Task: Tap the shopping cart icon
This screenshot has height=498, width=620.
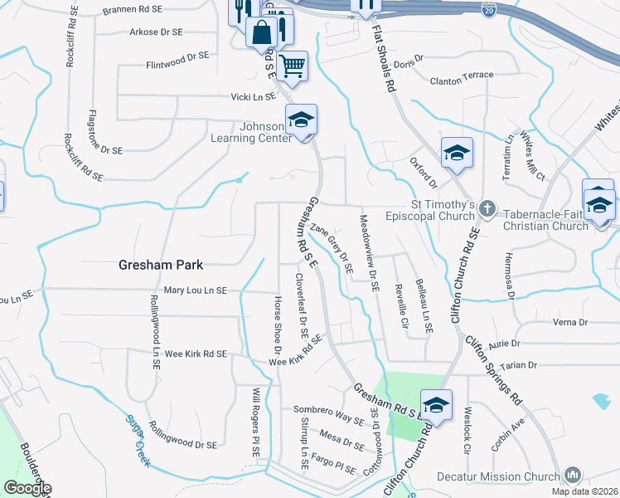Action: pyautogui.click(x=292, y=65)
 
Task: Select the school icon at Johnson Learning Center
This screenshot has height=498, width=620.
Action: pyautogui.click(x=302, y=120)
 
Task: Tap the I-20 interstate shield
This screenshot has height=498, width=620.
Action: pyautogui.click(x=490, y=10)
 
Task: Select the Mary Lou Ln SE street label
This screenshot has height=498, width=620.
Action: pyautogui.click(x=196, y=290)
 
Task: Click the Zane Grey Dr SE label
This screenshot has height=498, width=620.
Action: pyautogui.click(x=332, y=247)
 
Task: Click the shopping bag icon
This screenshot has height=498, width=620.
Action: pyautogui.click(x=261, y=32)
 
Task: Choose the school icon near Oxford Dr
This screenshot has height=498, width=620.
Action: pyautogui.click(x=457, y=153)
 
